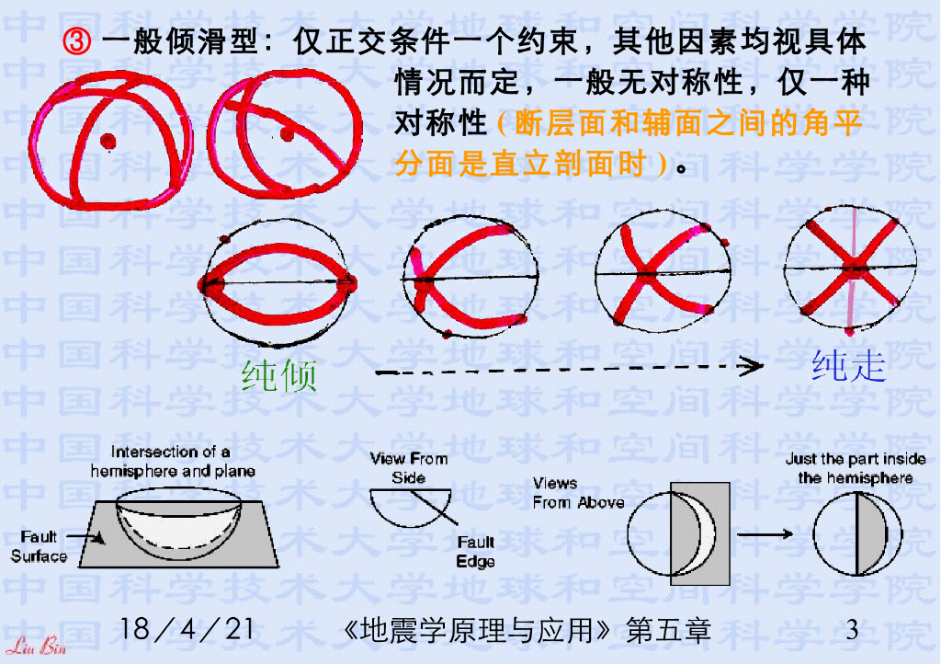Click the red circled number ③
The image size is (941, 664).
(77, 41)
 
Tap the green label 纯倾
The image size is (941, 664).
(279, 376)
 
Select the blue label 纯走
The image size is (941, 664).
(848, 366)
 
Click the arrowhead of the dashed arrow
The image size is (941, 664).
(752, 366)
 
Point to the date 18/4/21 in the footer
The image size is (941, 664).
(186, 629)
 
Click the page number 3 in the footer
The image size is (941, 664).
(852, 630)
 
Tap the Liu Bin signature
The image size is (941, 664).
(36, 647)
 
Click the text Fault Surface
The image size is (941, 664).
(39, 546)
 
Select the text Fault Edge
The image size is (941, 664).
(476, 552)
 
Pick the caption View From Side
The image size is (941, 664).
(409, 468)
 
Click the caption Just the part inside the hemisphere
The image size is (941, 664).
(856, 468)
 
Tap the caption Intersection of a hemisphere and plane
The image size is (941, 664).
(173, 461)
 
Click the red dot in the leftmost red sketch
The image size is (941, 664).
(108, 142)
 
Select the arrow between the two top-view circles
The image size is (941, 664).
(765, 533)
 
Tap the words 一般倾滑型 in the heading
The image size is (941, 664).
(180, 41)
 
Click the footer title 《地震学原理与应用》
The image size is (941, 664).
(477, 630)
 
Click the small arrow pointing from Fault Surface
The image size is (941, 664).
(85, 537)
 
